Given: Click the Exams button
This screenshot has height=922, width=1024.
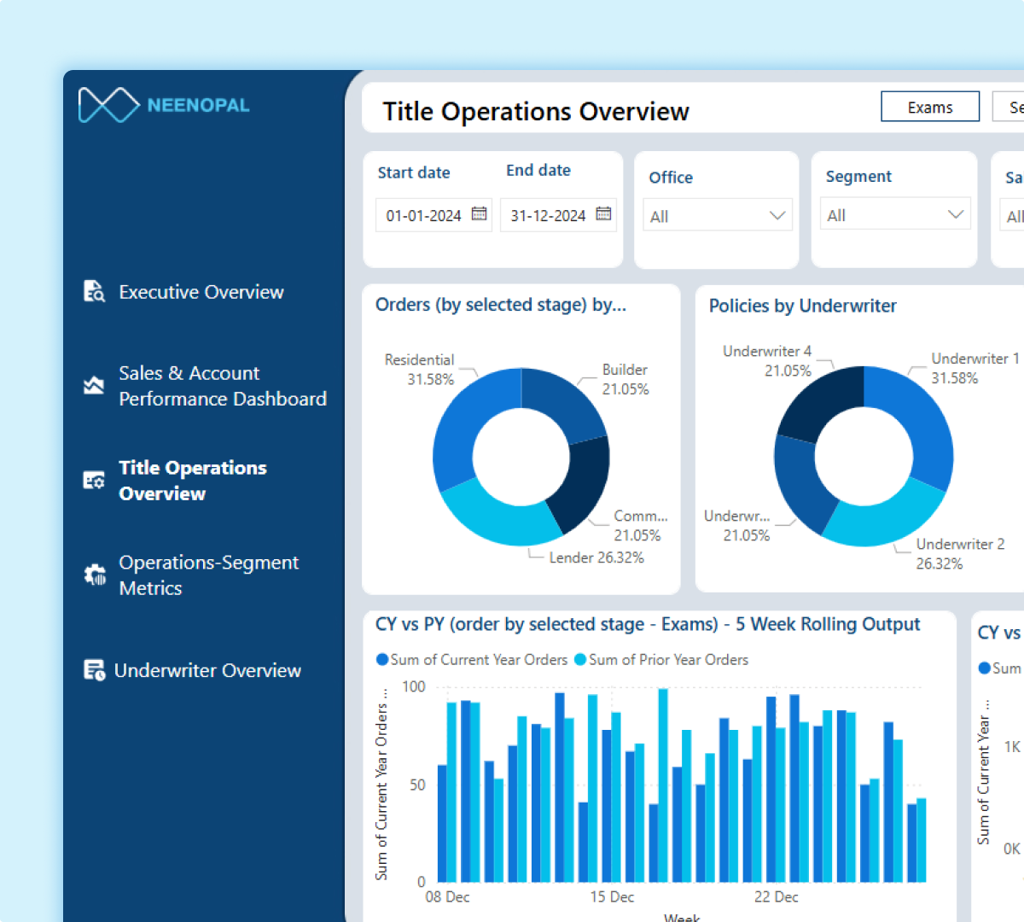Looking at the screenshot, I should pos(929,108).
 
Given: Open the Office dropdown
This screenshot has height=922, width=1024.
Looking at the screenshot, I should pos(717,216).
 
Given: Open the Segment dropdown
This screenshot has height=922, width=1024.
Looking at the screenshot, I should pos(894,215).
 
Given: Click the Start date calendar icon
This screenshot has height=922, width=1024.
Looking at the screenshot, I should pos(480,213).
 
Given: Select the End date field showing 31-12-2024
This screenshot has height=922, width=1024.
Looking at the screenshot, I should pos(548,215).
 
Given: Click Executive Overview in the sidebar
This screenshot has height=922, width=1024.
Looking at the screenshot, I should pos(201,292).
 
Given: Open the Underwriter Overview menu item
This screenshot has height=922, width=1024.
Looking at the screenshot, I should pos(207,670).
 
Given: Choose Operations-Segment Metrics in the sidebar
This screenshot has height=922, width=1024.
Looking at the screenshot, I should pos(208,575).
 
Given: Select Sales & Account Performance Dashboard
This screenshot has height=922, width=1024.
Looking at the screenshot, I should pos(222,386).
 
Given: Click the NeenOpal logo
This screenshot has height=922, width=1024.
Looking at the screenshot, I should pos(163,105).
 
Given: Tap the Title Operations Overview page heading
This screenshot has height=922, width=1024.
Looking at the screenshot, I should pos(535,112).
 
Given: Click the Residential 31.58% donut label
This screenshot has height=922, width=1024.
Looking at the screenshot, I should pos(420,370).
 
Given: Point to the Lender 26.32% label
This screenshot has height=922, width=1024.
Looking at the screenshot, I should pos(596,557).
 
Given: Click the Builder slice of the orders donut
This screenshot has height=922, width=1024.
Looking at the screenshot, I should pos(561,401).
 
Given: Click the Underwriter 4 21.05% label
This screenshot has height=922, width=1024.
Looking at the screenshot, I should pos(767,361).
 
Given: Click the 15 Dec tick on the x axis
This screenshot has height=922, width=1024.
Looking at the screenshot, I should pos(612,896).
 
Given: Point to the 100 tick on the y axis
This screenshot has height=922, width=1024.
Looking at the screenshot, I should pos(414,686).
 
